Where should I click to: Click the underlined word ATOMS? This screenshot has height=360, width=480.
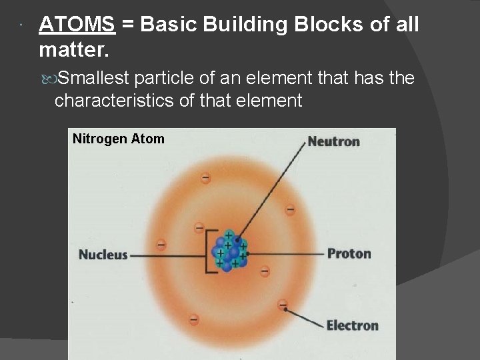point(77,25)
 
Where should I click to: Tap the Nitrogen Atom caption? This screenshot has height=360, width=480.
point(118,139)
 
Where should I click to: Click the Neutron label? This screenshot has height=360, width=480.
point(333,141)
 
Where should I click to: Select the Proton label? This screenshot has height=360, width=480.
point(349,253)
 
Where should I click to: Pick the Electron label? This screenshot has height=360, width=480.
point(352,325)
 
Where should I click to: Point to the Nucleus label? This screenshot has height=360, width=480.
point(103,255)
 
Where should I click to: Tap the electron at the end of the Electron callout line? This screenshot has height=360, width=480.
point(283,305)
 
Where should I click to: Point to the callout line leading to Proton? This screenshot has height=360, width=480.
point(287,253)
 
